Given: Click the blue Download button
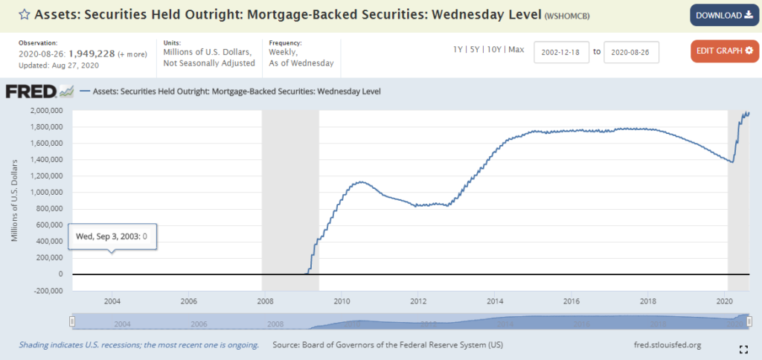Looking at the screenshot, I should (x=723, y=15).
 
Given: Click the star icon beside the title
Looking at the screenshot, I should (x=24, y=14).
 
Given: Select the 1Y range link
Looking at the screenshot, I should (x=459, y=50).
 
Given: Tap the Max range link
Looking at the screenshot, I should (x=516, y=50).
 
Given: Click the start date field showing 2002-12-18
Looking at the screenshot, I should (x=561, y=52).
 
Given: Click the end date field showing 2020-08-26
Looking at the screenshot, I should (x=631, y=52).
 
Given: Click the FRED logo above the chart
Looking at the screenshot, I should (x=39, y=91).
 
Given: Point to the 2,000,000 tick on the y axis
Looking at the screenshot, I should (x=46, y=111).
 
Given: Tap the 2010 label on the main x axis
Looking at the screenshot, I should (x=342, y=301).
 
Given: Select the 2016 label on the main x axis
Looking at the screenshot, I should (x=571, y=301).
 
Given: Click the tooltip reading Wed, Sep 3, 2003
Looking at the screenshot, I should (x=112, y=236).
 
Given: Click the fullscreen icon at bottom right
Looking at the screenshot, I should (x=743, y=349).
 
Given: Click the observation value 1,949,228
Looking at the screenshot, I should (x=92, y=53).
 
